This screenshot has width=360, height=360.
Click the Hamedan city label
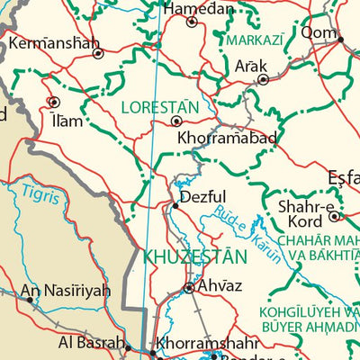(x=198, y=8)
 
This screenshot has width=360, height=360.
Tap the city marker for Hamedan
(x=192, y=22)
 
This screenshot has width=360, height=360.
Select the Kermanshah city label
(x=54, y=41)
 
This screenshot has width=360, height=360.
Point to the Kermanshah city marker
(x=98, y=53)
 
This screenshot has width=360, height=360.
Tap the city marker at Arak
(x=263, y=79)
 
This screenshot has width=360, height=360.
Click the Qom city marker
(x=340, y=39)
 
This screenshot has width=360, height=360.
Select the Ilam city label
(x=68, y=120)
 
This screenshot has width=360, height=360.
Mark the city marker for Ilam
(x=54, y=102)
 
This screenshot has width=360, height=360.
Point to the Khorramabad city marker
(x=177, y=120)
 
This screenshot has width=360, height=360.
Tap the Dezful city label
(x=202, y=197)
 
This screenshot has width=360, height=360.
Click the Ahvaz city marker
(x=188, y=288)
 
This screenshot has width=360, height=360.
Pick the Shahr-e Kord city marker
(x=334, y=216)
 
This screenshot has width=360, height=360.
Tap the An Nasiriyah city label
(x=66, y=291)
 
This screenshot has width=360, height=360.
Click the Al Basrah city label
(x=91, y=342)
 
